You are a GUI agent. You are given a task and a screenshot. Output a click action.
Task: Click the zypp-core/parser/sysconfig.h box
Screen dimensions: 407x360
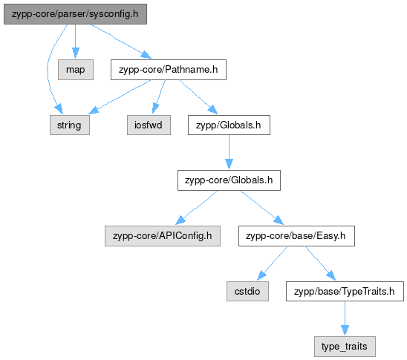click(75, 14)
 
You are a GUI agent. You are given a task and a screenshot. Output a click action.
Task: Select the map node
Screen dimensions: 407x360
click(76, 70)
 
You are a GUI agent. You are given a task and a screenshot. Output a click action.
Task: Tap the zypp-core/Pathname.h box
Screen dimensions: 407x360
click(169, 70)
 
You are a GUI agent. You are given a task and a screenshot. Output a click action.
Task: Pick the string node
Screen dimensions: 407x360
click(70, 125)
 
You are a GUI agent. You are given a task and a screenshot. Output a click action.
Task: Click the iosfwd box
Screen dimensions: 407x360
click(149, 125)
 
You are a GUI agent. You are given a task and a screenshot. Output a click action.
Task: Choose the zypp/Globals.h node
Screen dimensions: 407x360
click(229, 125)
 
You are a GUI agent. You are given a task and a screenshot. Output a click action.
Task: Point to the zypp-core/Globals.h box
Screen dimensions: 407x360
click(229, 180)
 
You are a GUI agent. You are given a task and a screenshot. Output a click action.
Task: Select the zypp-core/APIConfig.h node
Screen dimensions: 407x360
click(163, 236)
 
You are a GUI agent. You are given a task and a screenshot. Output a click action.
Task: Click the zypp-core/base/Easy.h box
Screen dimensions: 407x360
click(296, 236)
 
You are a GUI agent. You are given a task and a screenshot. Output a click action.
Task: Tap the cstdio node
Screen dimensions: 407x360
click(247, 291)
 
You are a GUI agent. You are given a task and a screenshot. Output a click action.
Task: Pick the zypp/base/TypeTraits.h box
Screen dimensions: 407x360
click(345, 291)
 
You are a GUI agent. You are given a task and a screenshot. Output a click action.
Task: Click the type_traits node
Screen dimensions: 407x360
click(345, 347)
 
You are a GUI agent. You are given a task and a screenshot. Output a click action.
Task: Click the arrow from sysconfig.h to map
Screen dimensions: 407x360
click(76, 42)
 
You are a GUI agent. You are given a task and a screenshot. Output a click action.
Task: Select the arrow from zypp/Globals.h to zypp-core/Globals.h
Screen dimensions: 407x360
click(229, 152)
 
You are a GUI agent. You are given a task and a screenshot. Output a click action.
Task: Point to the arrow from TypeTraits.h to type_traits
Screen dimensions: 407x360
click(345, 318)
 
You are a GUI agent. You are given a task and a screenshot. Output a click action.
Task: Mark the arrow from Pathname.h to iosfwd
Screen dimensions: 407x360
click(159, 96)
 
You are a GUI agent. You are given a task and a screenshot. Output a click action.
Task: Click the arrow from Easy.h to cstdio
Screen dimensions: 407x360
click(273, 264)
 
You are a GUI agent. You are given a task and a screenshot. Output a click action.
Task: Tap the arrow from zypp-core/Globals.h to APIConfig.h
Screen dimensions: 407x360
click(197, 208)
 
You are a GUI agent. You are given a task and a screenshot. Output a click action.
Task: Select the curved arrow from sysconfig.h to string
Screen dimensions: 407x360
click(48, 70)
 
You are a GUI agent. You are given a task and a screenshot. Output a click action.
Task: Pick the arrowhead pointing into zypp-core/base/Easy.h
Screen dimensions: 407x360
click(279, 220)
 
